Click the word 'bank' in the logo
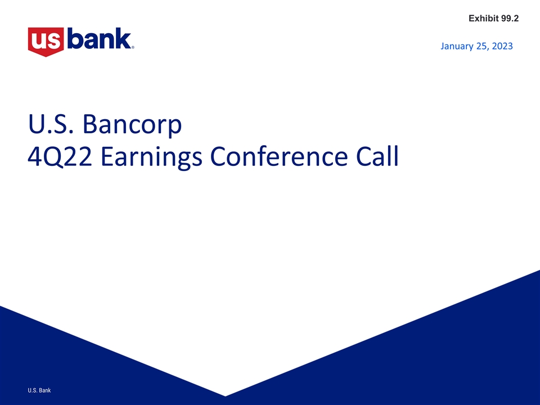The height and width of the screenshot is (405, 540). point(98,39)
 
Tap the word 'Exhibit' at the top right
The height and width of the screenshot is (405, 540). point(483,19)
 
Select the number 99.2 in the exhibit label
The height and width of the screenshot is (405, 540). point(509,19)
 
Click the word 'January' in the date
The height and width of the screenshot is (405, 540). point(458,46)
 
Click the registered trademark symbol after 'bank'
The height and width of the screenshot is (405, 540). point(133,48)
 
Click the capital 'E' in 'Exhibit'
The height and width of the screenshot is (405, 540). point(471,19)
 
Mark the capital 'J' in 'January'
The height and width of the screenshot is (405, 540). point(443,46)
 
